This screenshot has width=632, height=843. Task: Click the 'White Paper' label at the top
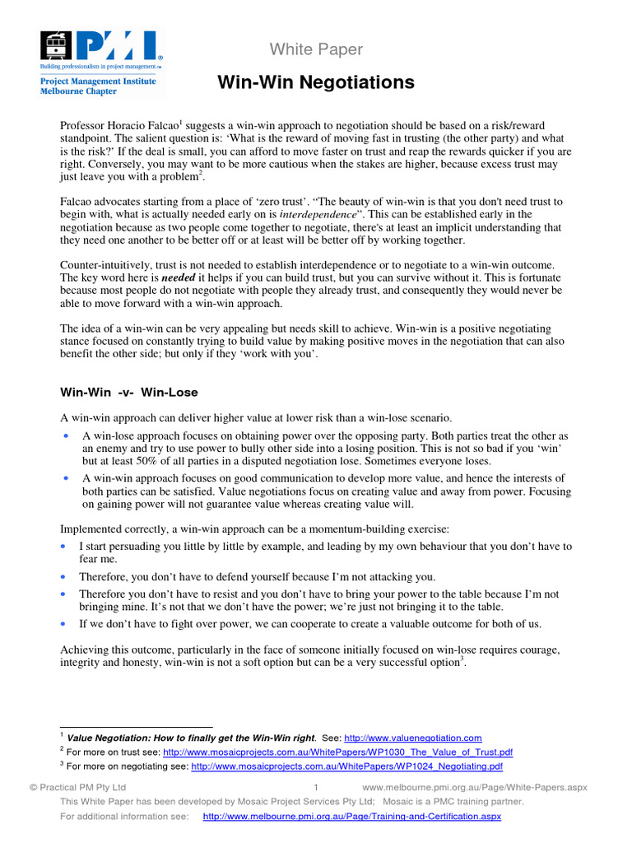click(315, 49)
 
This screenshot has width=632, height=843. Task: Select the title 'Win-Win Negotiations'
click(316, 82)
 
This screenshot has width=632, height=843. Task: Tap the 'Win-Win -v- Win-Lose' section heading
click(129, 392)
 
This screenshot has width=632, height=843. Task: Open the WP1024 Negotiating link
click(346, 767)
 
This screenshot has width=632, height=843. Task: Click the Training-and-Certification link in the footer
click(351, 817)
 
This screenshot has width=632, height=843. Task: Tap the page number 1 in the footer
click(316, 788)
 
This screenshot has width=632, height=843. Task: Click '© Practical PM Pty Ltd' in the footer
click(77, 788)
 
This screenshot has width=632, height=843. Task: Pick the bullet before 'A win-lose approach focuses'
click(66, 435)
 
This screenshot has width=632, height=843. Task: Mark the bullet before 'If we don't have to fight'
click(66, 623)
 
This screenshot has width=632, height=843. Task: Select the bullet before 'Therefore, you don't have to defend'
click(66, 575)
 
